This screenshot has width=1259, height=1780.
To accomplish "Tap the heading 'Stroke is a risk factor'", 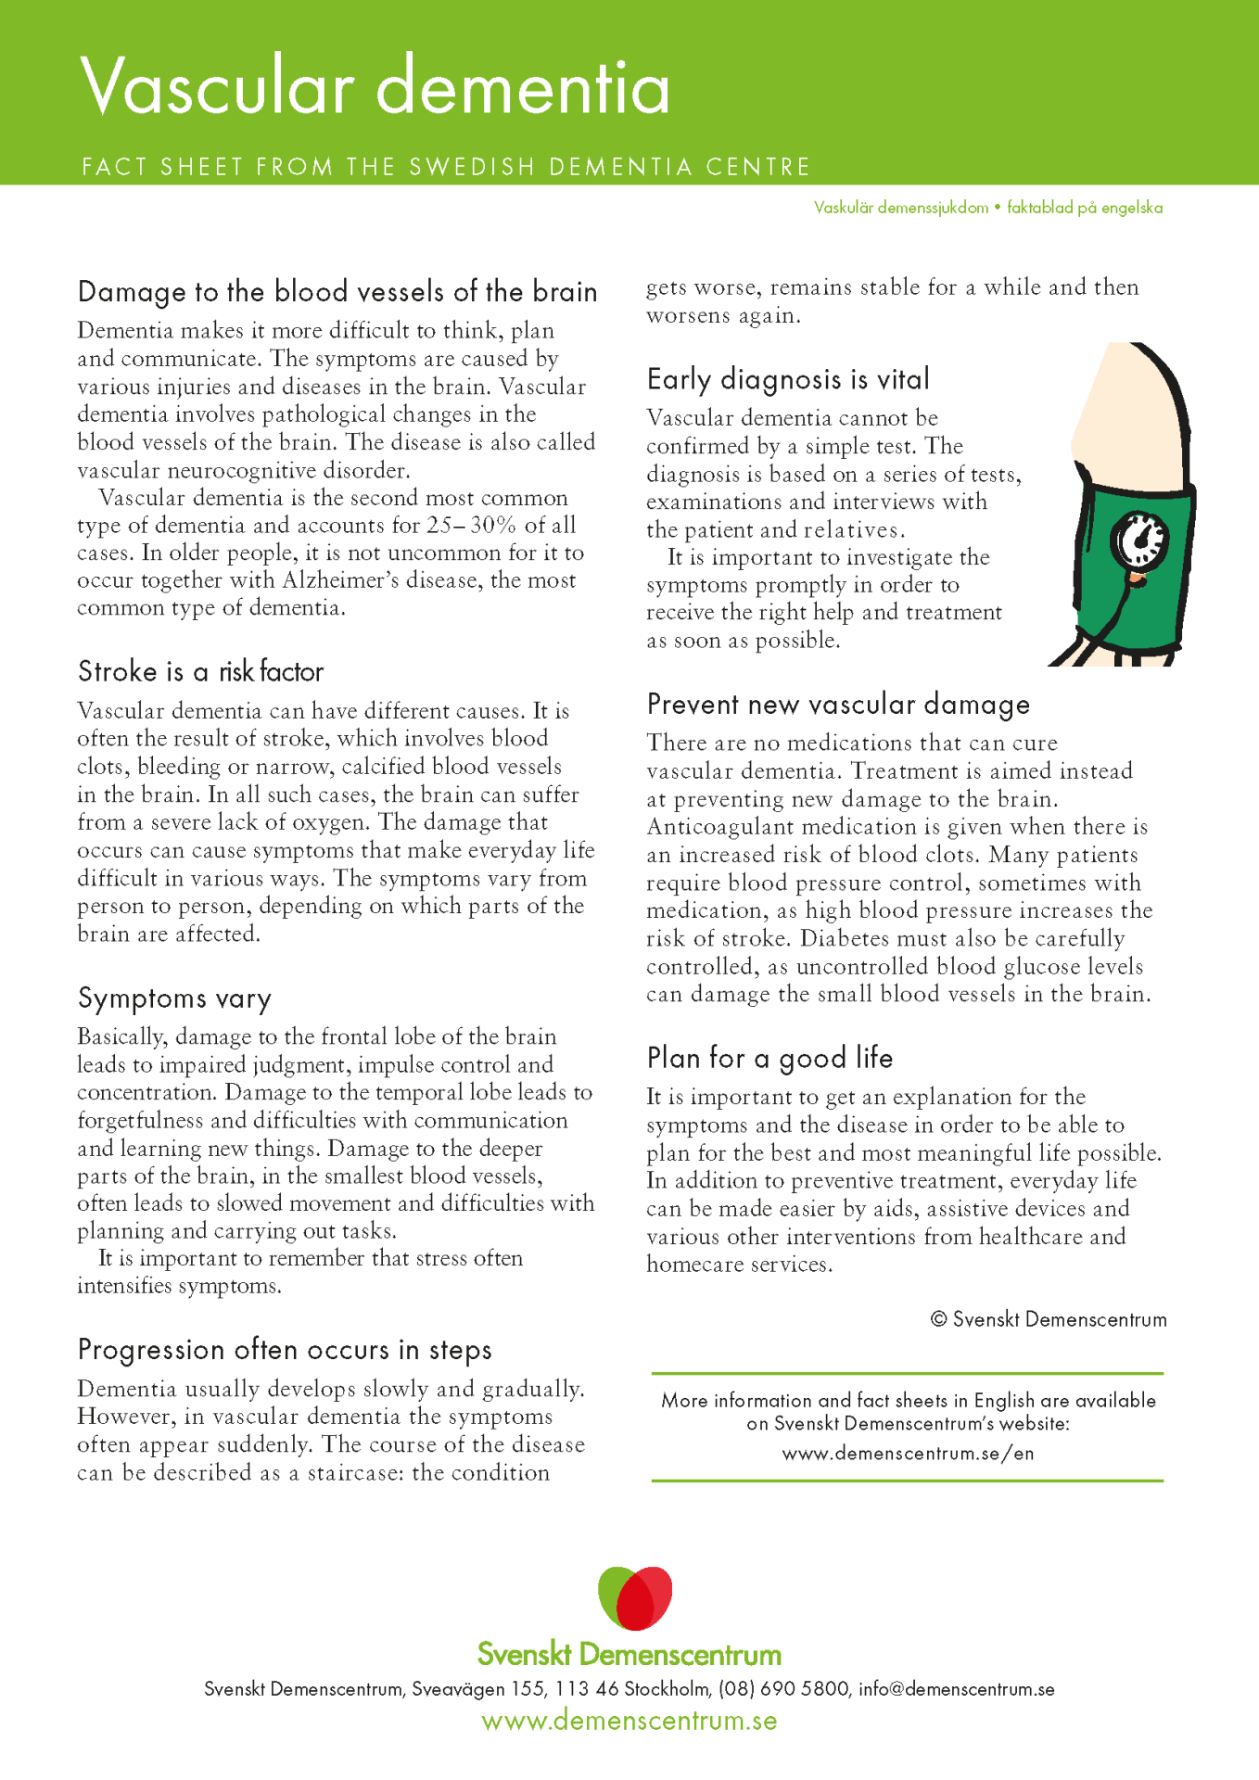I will (x=200, y=671).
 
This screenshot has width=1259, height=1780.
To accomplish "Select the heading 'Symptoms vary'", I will (x=174, y=998).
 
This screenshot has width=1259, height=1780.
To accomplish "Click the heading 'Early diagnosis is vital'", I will (x=788, y=379).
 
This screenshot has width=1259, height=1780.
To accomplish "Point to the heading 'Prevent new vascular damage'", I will (x=838, y=705).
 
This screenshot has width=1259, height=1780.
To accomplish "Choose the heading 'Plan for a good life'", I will (x=769, y=1058).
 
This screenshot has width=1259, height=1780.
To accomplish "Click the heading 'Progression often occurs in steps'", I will (x=285, y=1350).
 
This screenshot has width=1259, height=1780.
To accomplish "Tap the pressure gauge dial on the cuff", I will (x=1138, y=540).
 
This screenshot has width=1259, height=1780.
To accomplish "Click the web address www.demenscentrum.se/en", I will (x=908, y=1453).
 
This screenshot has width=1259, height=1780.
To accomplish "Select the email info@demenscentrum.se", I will (x=956, y=1688).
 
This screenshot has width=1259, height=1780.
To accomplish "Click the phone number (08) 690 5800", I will (x=783, y=1688).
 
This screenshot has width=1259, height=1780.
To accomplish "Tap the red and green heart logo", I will (x=635, y=1597).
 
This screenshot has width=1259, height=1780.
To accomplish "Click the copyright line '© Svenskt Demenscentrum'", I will (x=1049, y=1319).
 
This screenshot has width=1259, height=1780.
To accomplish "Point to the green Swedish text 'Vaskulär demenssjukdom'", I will (x=900, y=208).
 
